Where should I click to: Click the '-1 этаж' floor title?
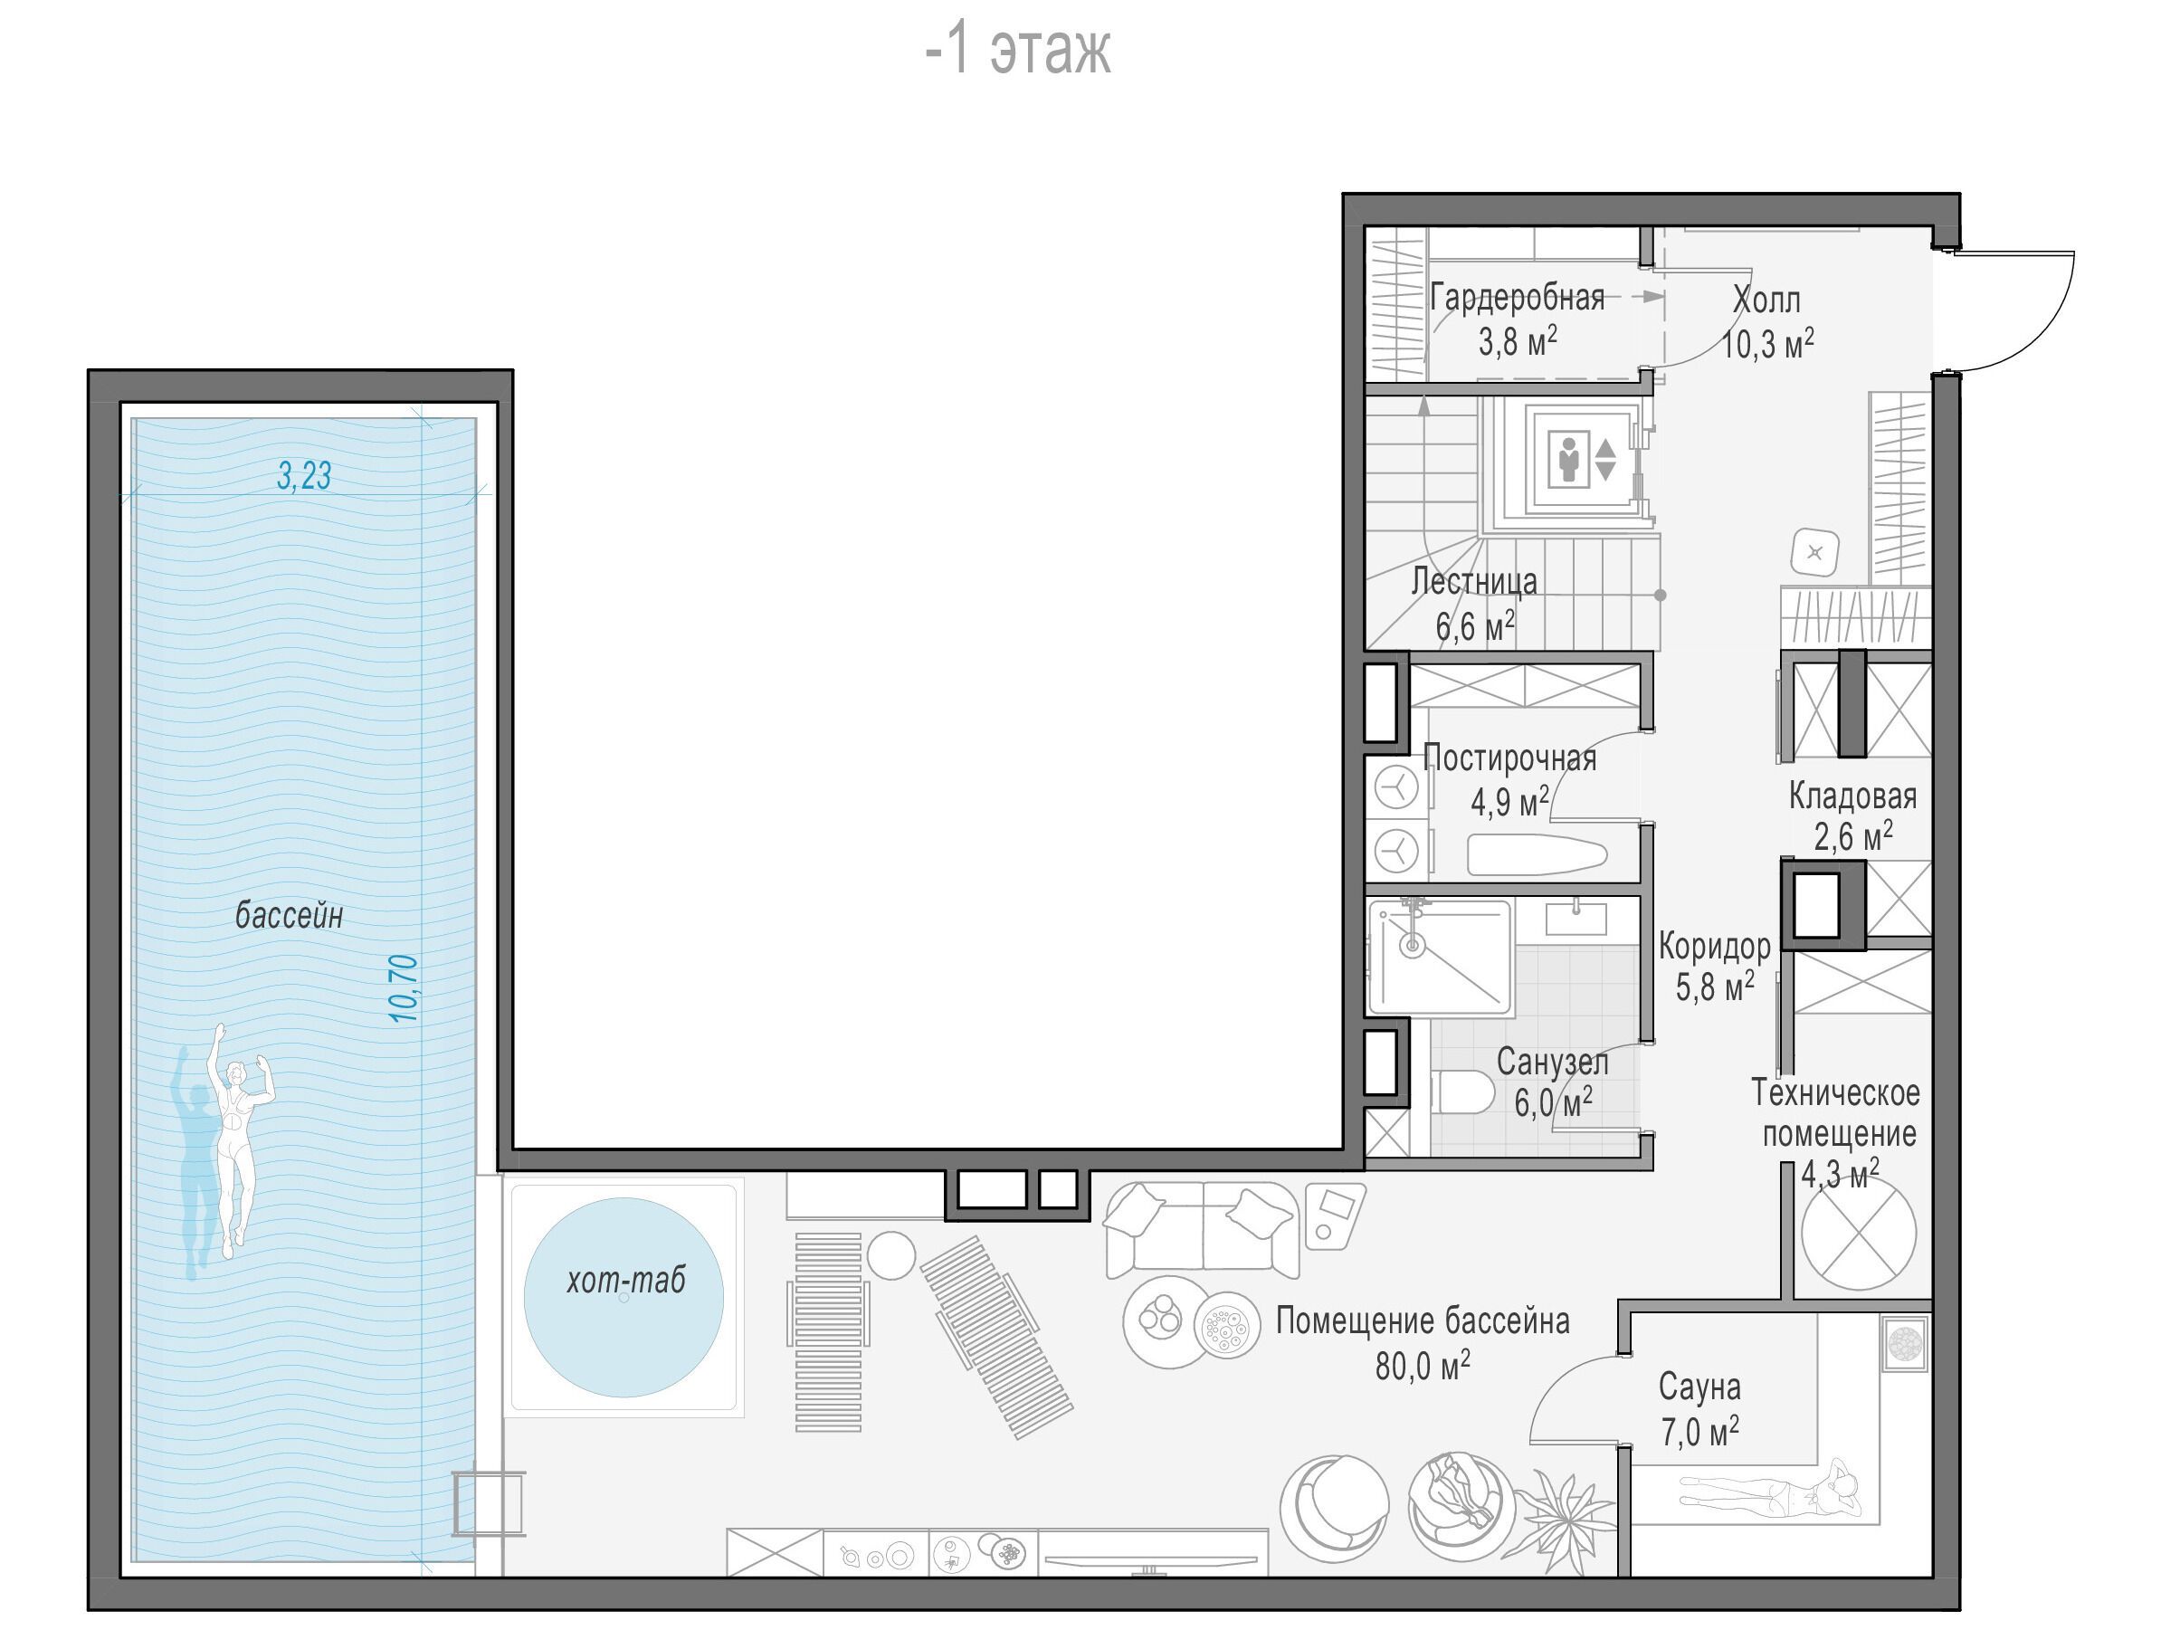click(x=1017, y=51)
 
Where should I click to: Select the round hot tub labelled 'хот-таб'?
click(x=624, y=1297)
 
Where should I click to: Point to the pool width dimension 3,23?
click(x=304, y=476)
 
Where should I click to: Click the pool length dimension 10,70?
click(x=404, y=988)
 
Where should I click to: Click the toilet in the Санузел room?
click(x=1462, y=1092)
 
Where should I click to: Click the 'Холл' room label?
click(x=1766, y=299)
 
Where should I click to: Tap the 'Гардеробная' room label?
click(x=1518, y=297)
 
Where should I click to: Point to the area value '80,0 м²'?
click(x=1423, y=1366)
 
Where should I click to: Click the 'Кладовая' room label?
click(x=1852, y=796)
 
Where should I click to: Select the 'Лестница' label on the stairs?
click(x=1474, y=580)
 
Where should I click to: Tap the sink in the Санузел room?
click(x=1576, y=919)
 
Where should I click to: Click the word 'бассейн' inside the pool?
click(x=290, y=916)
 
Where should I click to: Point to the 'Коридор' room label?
click(x=1715, y=946)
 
